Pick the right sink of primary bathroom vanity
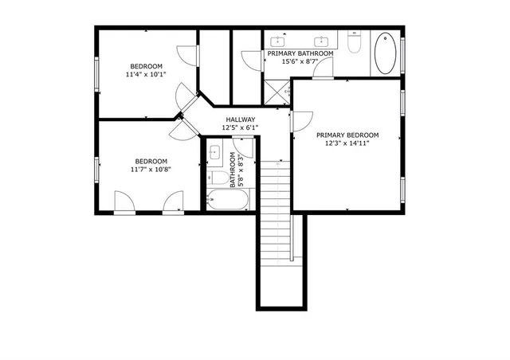point(323,40)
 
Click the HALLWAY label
point(240,119)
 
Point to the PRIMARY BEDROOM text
point(347,135)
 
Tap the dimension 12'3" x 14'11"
point(347,144)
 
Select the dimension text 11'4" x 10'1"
point(146,75)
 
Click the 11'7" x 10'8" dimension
point(151,169)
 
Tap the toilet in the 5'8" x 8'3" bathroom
point(217,177)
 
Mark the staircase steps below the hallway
point(275,187)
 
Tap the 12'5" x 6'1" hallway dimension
point(240,127)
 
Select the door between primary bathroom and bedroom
point(323,70)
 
